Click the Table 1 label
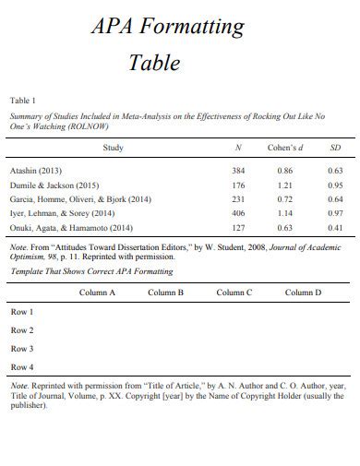[22, 100]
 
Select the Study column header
[113, 148]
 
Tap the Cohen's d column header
[285, 148]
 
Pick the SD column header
[335, 148]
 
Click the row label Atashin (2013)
[36, 171]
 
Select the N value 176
[238, 185]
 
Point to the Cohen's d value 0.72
[285, 198]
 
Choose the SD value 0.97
[335, 212]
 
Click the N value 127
[238, 227]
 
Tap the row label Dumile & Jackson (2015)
[54, 185]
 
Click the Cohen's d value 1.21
[285, 185]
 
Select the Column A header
[97, 293]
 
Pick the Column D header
[303, 293]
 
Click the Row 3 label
[22, 349]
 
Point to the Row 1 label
[22, 312]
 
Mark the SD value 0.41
[335, 227]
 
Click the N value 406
[238, 212]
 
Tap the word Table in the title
[153, 64]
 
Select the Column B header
[166, 293]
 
